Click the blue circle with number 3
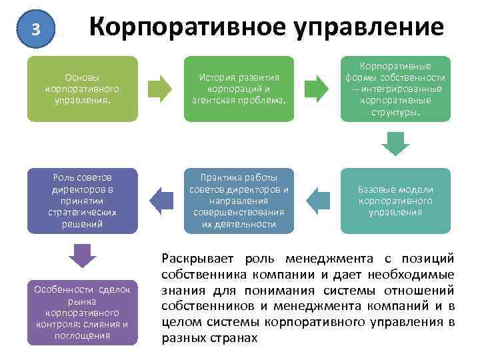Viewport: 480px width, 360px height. click(37, 29)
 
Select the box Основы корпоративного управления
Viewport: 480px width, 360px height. click(83, 89)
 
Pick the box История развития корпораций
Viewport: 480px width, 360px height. click(239, 89)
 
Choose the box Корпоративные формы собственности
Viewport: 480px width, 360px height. click(396, 89)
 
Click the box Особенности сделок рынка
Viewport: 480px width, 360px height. click(83, 312)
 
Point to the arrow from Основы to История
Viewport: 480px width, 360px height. click(160, 89)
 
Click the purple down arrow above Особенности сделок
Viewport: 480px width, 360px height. click(83, 255)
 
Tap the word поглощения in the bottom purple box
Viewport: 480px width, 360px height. click(83, 335)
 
